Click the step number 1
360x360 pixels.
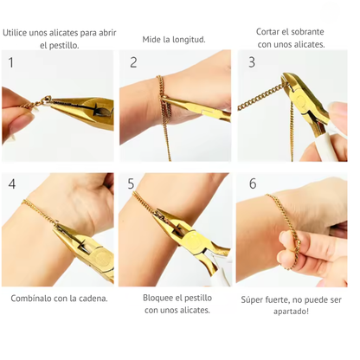[10, 62]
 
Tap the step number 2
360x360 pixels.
[133, 62]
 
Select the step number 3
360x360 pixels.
[252, 62]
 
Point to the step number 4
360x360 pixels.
[10, 183]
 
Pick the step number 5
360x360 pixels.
[131, 183]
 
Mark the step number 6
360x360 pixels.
[252, 183]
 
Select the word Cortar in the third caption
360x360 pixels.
[271, 32]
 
